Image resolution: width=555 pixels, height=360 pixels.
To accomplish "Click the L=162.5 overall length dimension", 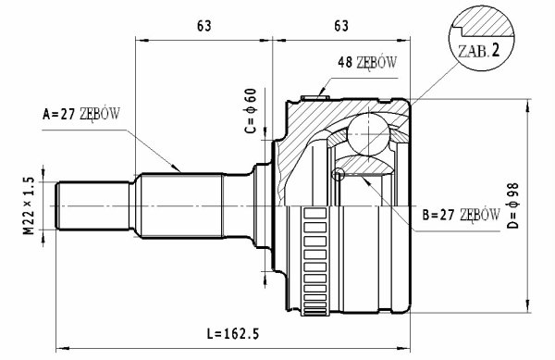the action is pos(232,334).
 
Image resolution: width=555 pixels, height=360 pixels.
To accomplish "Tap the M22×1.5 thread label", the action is pos(30,205).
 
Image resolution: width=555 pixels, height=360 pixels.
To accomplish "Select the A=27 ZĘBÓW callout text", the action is pos(81,114).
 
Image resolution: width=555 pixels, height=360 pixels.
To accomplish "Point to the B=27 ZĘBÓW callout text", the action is pos(462,215).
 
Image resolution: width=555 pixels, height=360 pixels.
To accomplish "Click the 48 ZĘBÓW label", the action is pos(367,62).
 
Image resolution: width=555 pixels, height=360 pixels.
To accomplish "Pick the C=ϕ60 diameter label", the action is pos(251,111).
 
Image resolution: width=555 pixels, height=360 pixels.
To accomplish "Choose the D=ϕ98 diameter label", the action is pos(512,205).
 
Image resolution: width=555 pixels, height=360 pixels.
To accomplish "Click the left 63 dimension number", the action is pos(204,26).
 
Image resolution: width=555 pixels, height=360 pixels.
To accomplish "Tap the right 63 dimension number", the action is pos(341,26).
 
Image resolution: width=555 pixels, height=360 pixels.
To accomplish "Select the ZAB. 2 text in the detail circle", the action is pos(478,51).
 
